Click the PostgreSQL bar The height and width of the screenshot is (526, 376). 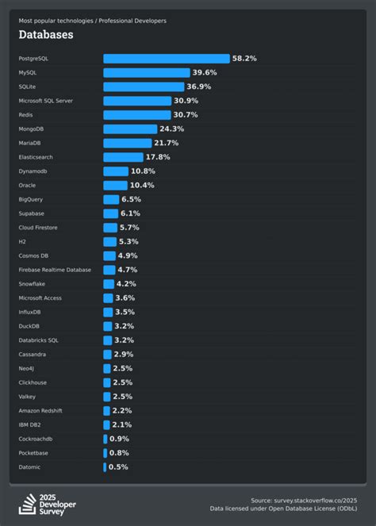[167, 59]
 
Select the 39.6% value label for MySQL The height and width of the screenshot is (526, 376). [205, 72]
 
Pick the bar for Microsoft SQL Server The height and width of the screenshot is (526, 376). [137, 101]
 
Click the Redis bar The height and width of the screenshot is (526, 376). [136, 115]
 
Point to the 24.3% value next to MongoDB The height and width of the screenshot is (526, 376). [171, 129]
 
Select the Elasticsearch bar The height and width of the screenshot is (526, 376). [122, 157]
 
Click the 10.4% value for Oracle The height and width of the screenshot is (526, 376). [143, 185]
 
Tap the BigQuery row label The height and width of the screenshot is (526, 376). [31, 199]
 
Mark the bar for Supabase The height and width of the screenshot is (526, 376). [110, 213]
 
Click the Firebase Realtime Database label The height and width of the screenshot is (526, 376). [55, 270]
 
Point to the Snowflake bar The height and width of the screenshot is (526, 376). [109, 283]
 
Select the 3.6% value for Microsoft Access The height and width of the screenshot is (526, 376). [125, 298]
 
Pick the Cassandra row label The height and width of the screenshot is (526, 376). [33, 354]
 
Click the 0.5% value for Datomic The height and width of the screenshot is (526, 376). [118, 466]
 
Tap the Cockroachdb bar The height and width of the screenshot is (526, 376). [105, 439]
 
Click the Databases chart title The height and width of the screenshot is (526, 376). [46, 35]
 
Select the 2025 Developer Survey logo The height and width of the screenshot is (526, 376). [47, 504]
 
